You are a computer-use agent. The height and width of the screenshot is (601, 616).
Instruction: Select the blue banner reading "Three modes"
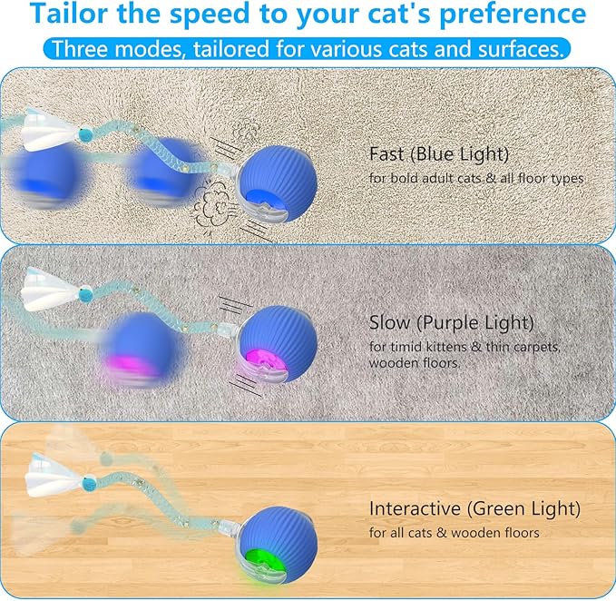pos(308,48)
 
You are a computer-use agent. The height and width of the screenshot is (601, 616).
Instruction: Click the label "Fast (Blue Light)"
pos(440,154)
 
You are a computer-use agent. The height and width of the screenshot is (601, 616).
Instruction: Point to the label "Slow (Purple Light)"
pos(452,323)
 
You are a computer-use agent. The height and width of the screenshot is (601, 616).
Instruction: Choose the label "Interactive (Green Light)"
pos(474,508)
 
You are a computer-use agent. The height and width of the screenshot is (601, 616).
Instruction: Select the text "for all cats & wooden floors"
pos(454,532)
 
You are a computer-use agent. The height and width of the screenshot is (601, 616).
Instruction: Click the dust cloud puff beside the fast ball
pos(211,197)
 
